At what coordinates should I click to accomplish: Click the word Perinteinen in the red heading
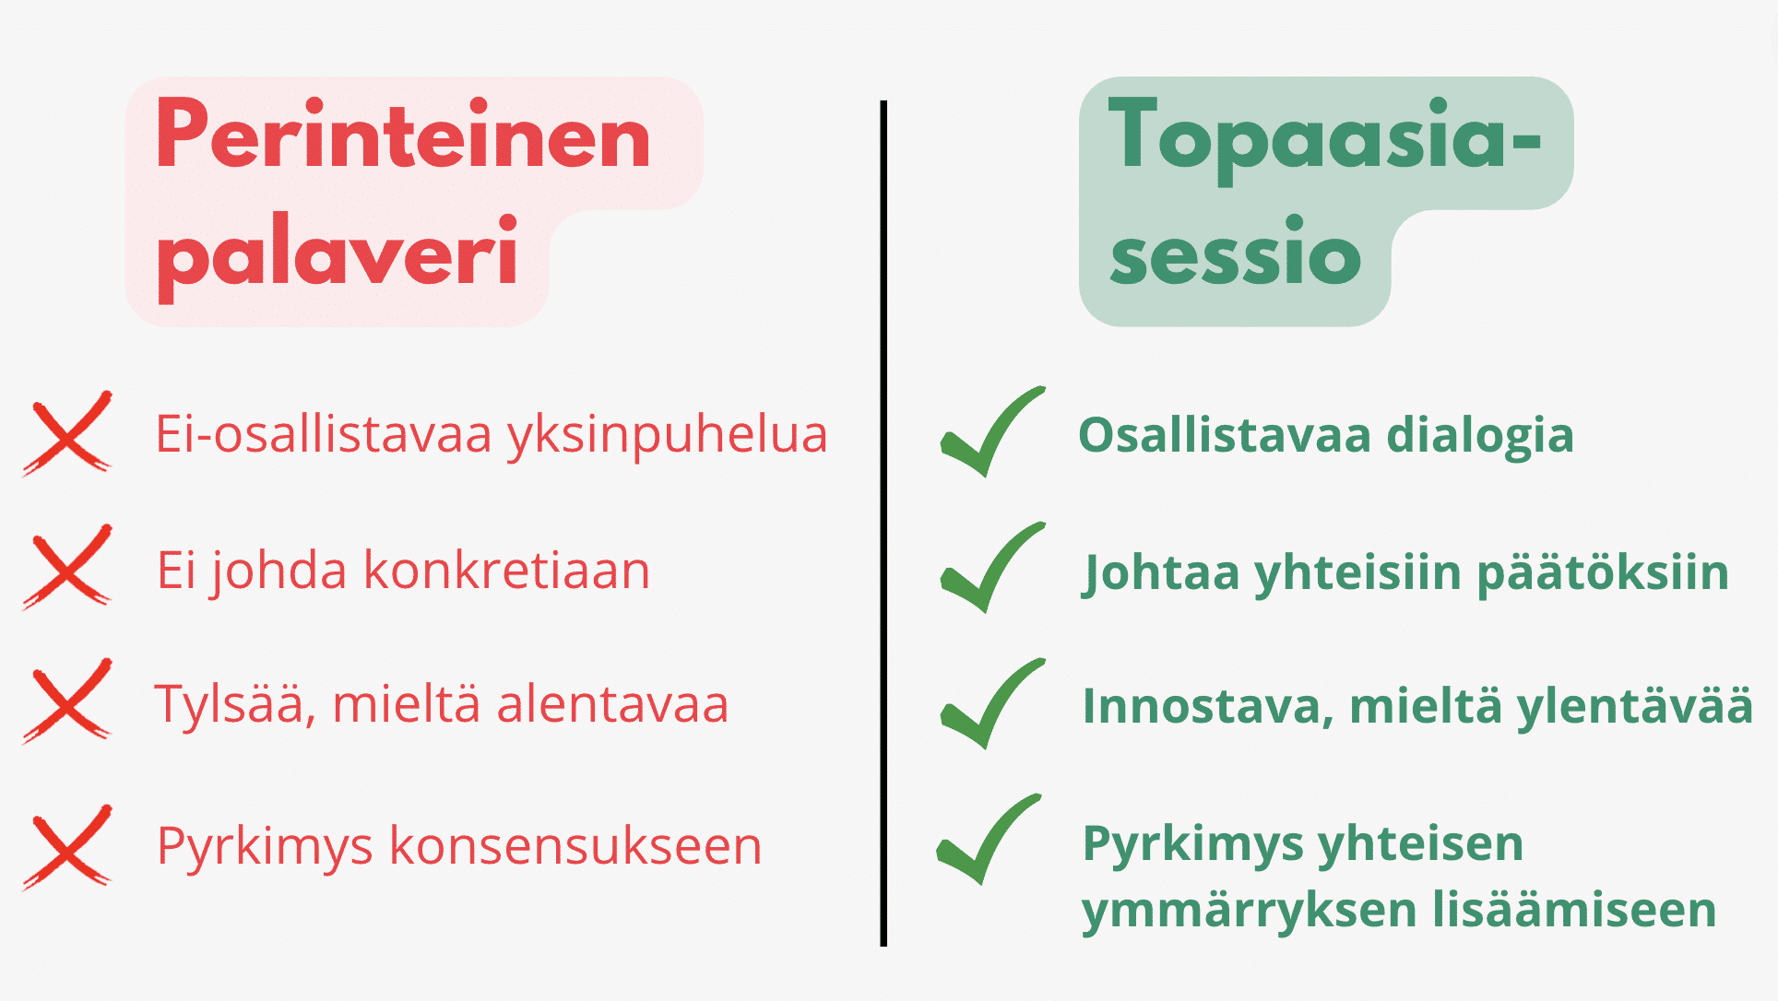click(403, 137)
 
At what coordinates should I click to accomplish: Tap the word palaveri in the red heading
click(338, 254)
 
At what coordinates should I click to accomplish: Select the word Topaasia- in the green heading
click(1324, 137)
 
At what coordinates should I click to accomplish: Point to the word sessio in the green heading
click(1235, 255)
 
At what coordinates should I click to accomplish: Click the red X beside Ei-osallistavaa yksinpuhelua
click(67, 433)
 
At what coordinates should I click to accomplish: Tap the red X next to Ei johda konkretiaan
click(67, 568)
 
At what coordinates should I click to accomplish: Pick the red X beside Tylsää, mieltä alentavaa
click(67, 701)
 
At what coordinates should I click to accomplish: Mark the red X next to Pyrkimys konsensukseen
click(67, 846)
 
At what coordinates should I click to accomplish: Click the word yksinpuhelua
click(667, 435)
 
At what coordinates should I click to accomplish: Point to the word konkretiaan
click(507, 571)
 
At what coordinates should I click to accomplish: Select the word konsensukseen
click(575, 846)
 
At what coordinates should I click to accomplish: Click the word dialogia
click(1479, 436)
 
